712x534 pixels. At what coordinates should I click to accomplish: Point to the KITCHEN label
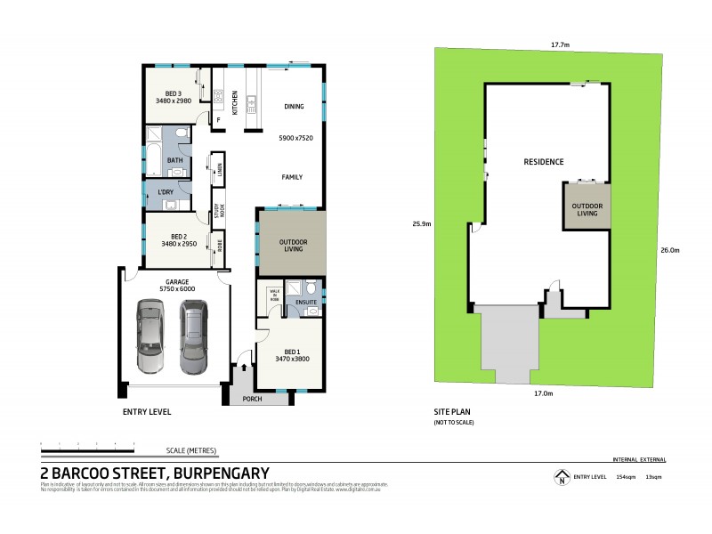tap(235, 103)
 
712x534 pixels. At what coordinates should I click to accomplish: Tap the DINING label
tap(294, 107)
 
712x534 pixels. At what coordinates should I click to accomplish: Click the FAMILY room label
tap(292, 177)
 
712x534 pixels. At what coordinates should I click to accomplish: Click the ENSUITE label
tap(307, 303)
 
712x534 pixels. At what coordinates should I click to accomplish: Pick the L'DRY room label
tap(166, 192)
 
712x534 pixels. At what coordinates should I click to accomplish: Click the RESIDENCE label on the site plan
tap(543, 162)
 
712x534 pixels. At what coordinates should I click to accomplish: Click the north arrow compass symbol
tap(561, 478)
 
